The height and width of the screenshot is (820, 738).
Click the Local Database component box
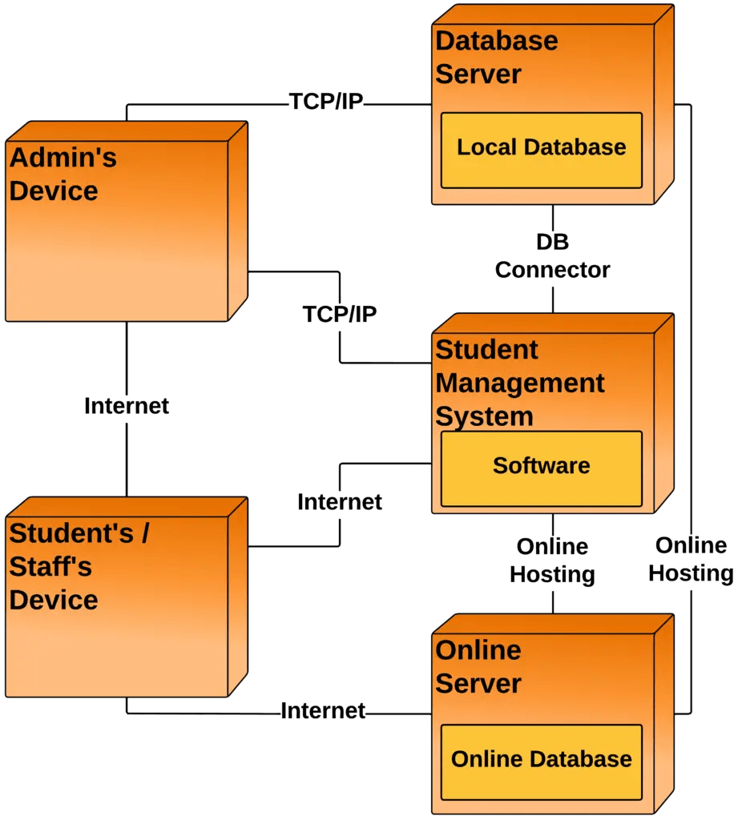tap(541, 150)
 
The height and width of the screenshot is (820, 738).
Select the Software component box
tap(541, 468)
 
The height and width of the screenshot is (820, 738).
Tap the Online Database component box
tap(541, 761)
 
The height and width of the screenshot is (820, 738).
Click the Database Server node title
tap(496, 57)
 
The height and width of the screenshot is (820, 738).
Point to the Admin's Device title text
tap(63, 175)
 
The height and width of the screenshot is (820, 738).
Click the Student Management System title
tap(518, 383)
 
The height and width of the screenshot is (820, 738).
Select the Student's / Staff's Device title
tap(78, 566)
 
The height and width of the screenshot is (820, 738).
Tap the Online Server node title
tap(478, 666)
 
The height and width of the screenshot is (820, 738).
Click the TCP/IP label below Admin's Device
tap(339, 314)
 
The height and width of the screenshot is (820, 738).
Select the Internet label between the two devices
tap(127, 406)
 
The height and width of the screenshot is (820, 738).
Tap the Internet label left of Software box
tap(340, 502)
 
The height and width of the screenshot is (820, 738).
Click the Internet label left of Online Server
tap(323, 710)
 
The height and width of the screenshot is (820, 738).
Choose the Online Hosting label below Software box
tap(552, 561)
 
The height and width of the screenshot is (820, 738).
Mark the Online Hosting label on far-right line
tap(690, 559)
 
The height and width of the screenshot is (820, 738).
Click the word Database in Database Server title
tap(496, 41)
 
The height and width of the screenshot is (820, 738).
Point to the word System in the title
tap(484, 416)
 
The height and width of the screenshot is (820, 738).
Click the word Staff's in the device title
tap(50, 567)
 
